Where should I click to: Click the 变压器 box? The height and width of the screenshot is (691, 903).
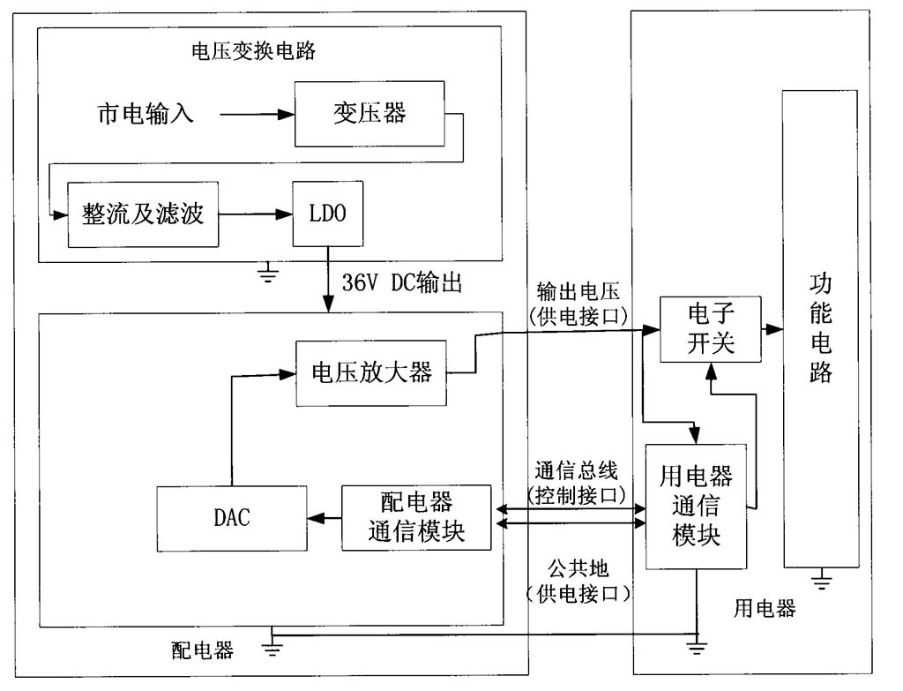pyautogui.click(x=369, y=114)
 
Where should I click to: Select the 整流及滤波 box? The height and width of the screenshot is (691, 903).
pyautogui.click(x=143, y=214)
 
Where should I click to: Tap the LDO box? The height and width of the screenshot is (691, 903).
pyautogui.click(x=328, y=214)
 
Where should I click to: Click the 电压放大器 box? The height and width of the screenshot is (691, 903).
pyautogui.click(x=370, y=372)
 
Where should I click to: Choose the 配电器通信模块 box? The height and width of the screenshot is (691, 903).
pyautogui.click(x=415, y=517)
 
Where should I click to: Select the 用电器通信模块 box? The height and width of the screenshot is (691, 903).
pyautogui.click(x=696, y=507)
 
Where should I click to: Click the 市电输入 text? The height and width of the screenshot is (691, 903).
pyautogui.click(x=145, y=115)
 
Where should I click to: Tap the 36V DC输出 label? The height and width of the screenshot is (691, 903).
pyautogui.click(x=401, y=284)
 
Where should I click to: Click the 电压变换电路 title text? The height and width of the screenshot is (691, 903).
pyautogui.click(x=253, y=50)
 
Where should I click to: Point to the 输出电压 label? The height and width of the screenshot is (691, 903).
pyautogui.click(x=579, y=291)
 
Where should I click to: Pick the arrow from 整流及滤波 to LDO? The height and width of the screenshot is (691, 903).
pyautogui.click(x=256, y=214)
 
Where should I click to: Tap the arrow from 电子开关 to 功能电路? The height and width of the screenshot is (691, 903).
pyautogui.click(x=772, y=329)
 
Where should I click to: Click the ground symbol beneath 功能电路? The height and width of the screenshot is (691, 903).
pyautogui.click(x=822, y=580)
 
